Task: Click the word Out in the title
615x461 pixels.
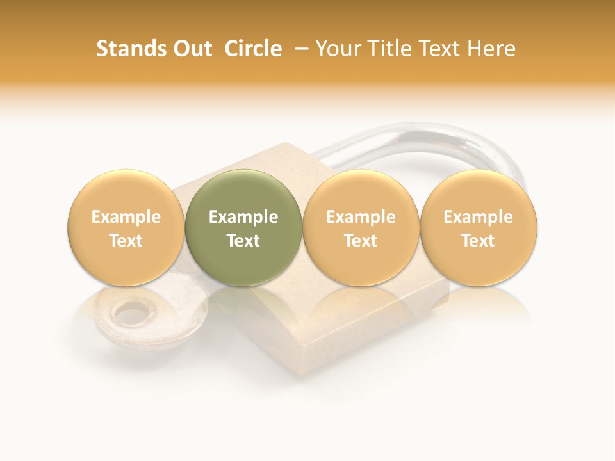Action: tap(191, 49)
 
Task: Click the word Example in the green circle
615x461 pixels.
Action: tap(243, 217)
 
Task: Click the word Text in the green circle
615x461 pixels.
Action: tap(243, 241)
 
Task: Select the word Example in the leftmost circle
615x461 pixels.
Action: tap(126, 217)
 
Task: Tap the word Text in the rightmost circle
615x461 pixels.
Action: tap(479, 241)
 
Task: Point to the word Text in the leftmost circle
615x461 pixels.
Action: tap(126, 241)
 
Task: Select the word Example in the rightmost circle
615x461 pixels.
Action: tap(479, 217)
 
